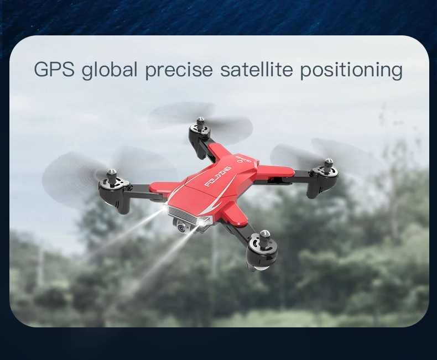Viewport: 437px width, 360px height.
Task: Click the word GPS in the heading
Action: pos(54,69)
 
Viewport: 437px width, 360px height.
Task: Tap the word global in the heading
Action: pos(110,70)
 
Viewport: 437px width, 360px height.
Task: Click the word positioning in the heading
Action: pos(351,70)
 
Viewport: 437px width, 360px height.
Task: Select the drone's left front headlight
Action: pos(165,208)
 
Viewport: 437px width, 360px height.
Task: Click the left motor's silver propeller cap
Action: pos(112,173)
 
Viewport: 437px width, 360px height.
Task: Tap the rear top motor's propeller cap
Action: pos(200,121)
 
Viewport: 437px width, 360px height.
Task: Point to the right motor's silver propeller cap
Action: pos(329,163)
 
